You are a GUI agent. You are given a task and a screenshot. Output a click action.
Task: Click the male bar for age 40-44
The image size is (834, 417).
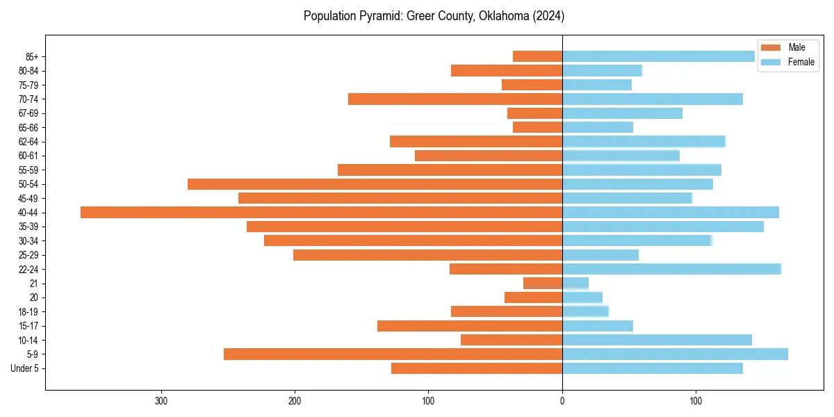tap(321, 212)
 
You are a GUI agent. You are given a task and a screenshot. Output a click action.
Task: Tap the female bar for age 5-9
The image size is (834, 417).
tap(675, 354)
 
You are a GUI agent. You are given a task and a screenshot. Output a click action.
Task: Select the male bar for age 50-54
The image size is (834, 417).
tap(375, 184)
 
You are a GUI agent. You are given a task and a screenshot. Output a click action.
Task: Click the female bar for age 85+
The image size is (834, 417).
tap(658, 56)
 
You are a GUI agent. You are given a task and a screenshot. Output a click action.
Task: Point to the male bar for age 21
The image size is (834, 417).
tap(543, 283)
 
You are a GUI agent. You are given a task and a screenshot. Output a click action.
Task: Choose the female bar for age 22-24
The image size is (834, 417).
tap(671, 269)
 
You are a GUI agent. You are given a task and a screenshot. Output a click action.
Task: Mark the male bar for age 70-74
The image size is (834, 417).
tap(455, 99)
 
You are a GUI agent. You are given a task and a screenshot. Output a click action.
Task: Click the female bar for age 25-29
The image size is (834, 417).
tap(600, 255)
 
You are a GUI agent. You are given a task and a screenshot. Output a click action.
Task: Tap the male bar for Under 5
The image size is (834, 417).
tap(477, 368)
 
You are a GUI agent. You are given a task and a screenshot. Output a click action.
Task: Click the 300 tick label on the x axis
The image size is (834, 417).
tap(161, 400)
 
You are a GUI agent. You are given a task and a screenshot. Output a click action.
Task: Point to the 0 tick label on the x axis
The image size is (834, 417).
tap(562, 400)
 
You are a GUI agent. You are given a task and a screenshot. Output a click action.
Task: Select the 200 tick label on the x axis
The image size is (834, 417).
tap(295, 400)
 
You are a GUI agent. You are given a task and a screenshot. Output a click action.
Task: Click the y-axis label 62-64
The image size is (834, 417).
tap(28, 142)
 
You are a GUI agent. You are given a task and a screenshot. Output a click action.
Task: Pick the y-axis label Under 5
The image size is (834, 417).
tap(24, 368)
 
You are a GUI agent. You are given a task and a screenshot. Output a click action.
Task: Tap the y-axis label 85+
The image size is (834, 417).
tap(32, 56)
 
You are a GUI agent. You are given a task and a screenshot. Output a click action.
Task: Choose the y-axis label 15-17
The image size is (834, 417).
tap(28, 326)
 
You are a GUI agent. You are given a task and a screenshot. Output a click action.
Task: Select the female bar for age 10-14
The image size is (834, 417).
tap(657, 340)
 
